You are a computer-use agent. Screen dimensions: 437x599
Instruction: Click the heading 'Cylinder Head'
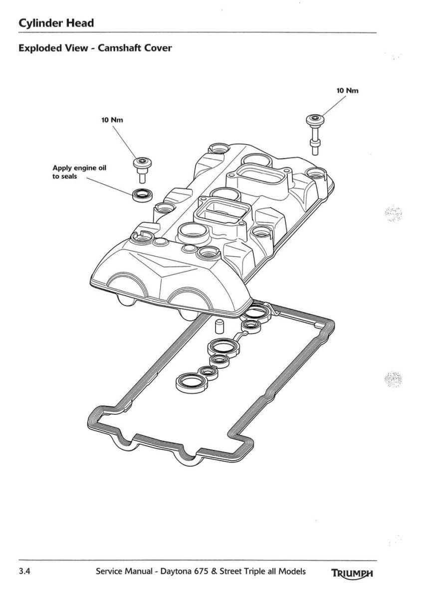pyautogui.click(x=56, y=23)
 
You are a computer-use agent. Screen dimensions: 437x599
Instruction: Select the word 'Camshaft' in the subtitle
pyautogui.click(x=119, y=48)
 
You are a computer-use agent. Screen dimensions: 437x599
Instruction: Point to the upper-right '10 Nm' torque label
pyautogui.click(x=347, y=91)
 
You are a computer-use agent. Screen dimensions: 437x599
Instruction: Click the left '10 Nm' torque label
pyautogui.click(x=112, y=120)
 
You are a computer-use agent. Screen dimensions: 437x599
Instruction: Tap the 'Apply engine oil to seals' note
pyautogui.click(x=79, y=172)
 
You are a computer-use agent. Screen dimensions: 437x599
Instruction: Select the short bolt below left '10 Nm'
pyautogui.click(x=143, y=170)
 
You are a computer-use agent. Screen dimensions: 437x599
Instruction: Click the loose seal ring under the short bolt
pyautogui.click(x=143, y=195)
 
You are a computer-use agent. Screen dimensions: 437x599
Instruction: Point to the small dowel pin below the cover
pyautogui.click(x=219, y=326)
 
